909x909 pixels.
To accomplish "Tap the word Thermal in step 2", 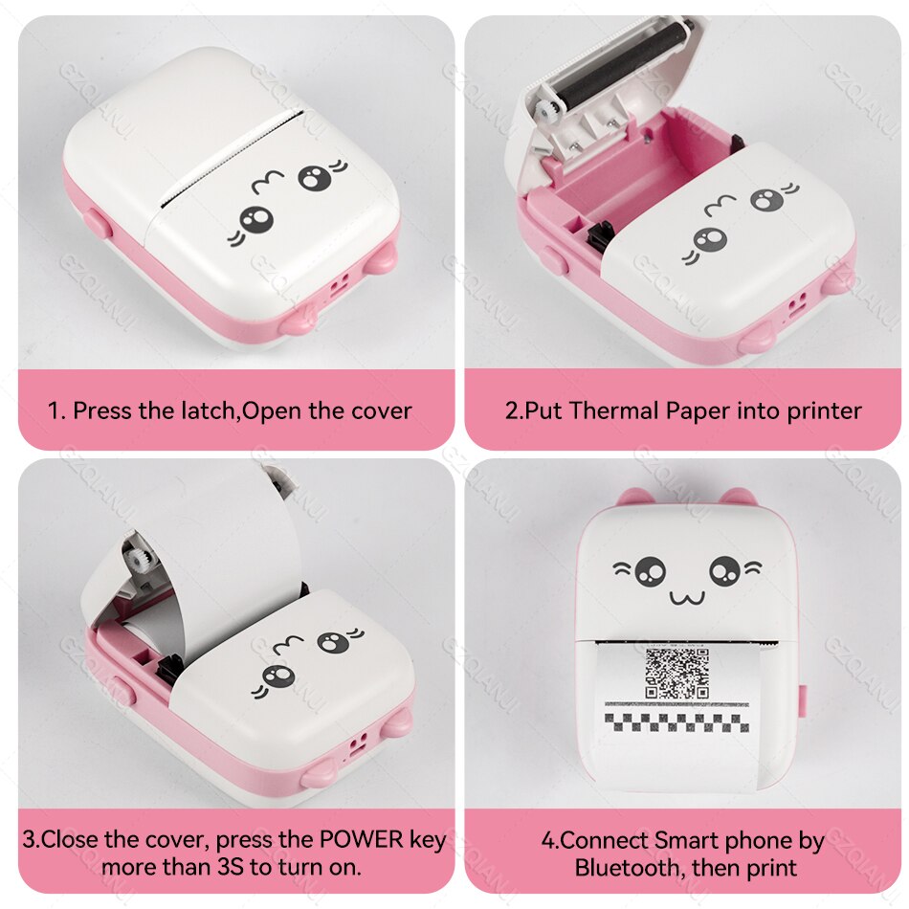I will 610,411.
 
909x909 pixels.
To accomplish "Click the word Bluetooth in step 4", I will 630,868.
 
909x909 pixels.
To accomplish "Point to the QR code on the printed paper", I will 676,673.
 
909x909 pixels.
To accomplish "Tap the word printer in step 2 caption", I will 825,411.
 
